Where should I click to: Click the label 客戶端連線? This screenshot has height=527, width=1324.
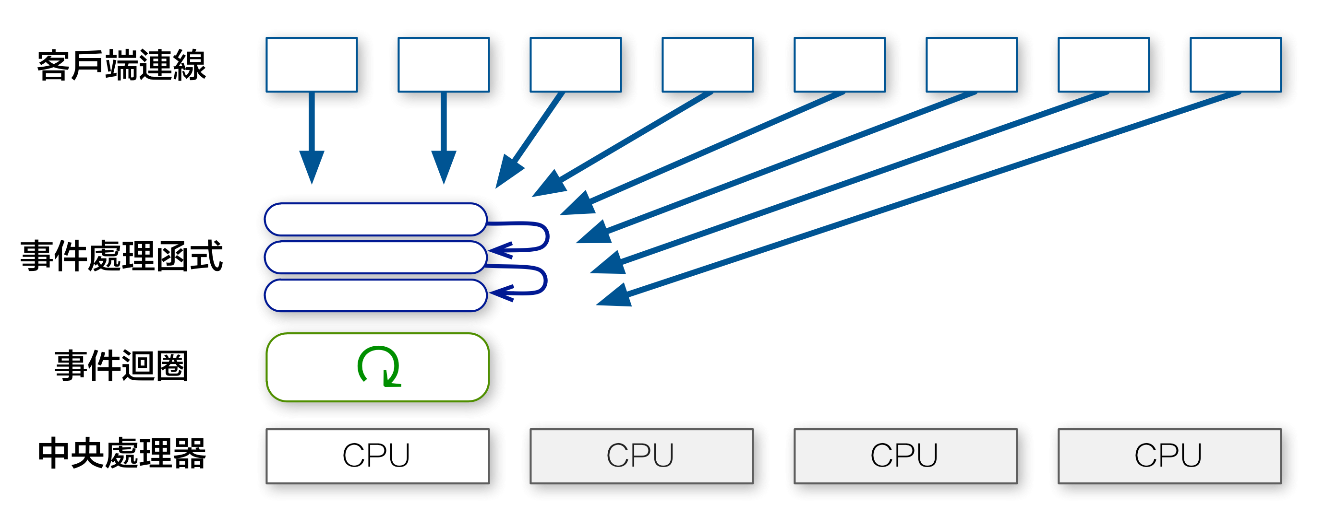(121, 65)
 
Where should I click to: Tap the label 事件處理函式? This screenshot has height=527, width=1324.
(121, 255)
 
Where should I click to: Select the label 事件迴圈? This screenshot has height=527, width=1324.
(121, 366)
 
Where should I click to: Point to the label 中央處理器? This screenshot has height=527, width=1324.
(121, 453)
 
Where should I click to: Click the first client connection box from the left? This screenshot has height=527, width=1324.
(312, 65)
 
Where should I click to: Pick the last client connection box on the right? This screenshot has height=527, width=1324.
(1236, 65)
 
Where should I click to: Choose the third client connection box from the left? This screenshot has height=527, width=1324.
(576, 65)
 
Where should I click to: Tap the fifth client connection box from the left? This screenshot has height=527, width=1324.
(840, 65)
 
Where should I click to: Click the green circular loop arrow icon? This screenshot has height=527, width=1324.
(379, 366)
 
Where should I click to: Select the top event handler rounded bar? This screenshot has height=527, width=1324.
(375, 219)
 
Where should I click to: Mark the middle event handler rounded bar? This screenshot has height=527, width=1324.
(375, 257)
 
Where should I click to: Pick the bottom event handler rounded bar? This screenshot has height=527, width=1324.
(375, 295)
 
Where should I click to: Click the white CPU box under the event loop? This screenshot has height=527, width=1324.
(377, 456)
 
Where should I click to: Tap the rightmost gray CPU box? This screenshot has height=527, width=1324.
(1169, 456)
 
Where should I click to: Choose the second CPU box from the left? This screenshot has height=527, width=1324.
(641, 456)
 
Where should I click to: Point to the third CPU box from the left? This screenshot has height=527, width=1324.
(905, 456)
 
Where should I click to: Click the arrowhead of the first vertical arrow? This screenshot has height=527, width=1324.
(312, 165)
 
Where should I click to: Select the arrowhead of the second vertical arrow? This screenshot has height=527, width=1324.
(444, 165)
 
